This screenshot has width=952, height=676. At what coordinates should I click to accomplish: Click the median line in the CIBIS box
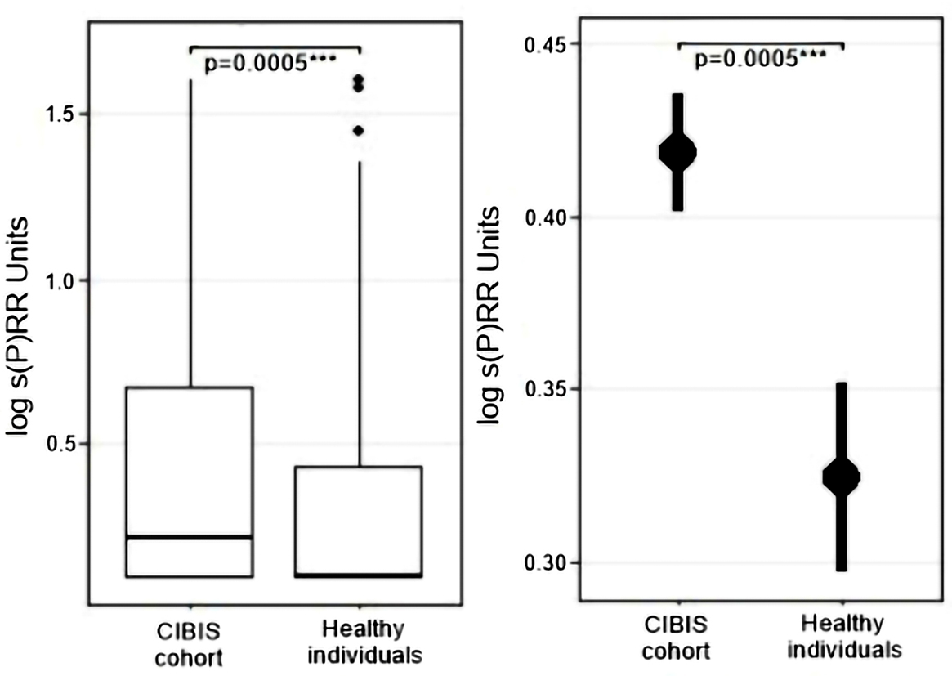(190, 537)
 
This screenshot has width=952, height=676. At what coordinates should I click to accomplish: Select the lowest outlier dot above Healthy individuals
(358, 131)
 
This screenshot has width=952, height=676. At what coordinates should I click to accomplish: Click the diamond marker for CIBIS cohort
(678, 152)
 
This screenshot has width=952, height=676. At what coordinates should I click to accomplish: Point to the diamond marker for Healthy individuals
(841, 477)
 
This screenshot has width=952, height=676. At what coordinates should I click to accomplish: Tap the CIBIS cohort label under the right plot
(677, 638)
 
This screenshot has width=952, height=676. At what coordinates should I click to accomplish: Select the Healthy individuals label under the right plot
(842, 638)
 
